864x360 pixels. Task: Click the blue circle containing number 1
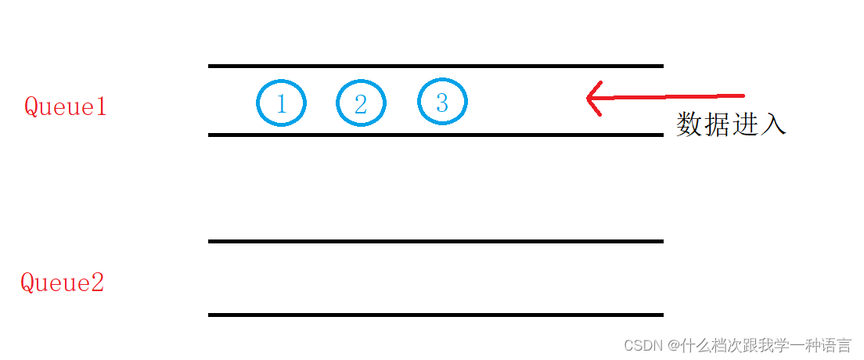pyautogui.click(x=281, y=103)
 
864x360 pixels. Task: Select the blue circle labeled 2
pyautogui.click(x=361, y=103)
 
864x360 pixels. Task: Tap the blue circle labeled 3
pyautogui.click(x=442, y=103)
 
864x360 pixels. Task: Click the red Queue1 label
pyautogui.click(x=65, y=106)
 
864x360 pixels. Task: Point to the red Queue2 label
pyautogui.click(x=62, y=283)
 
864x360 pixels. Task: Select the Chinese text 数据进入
pyautogui.click(x=730, y=124)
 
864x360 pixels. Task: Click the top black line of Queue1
pyautogui.click(x=435, y=67)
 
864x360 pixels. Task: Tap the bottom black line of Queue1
pyautogui.click(x=435, y=135)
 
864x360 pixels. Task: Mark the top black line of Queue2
pyautogui.click(x=435, y=241)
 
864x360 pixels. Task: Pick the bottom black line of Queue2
pyautogui.click(x=435, y=315)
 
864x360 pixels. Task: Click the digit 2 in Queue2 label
pyautogui.click(x=97, y=283)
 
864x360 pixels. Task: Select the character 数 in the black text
pyautogui.click(x=689, y=124)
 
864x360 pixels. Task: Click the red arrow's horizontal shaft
pyautogui.click(x=673, y=96)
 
